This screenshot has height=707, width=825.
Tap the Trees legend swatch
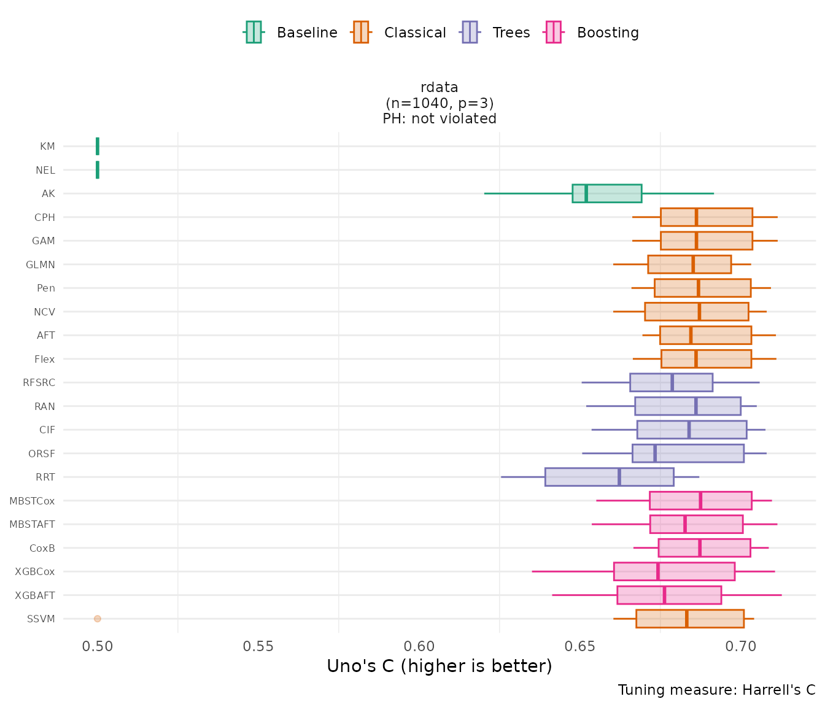pos(470,33)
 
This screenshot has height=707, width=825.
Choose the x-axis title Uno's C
pos(440,666)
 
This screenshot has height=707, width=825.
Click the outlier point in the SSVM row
pos(98,619)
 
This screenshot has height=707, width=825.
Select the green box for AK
pos(606,193)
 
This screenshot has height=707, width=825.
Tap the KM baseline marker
pos(98,147)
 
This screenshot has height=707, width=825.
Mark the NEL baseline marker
pos(98,170)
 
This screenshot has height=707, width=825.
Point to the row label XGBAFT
pos(35,595)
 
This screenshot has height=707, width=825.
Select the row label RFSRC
pos(39,383)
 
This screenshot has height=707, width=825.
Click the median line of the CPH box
pos(696,217)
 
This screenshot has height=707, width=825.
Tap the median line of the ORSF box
pos(655,454)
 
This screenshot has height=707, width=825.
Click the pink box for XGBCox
pos(674,571)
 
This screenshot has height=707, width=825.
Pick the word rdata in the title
pos(440,87)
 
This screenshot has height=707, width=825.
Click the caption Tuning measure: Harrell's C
pos(716,690)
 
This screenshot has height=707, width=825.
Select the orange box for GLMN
pos(689,265)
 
